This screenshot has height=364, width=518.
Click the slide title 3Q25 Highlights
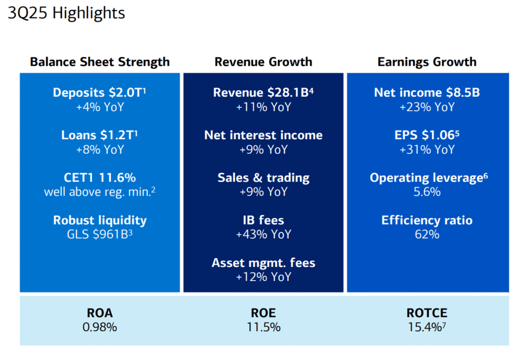[66, 14]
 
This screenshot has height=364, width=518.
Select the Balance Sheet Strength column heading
[100, 62]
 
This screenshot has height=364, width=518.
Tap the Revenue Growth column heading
[263, 62]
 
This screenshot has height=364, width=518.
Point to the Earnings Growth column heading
[427, 62]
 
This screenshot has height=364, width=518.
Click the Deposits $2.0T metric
[100, 93]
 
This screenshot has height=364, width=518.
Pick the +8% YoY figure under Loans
[100, 150]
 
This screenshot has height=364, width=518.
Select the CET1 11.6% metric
[100, 178]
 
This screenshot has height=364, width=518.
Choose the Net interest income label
[263, 135]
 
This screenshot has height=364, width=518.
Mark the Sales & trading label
[263, 178]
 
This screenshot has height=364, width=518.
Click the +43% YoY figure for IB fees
[263, 235]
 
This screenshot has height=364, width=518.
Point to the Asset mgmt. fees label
[263, 263]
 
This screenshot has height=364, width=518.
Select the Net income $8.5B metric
[427, 93]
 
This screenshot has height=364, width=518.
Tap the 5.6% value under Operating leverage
[427, 192]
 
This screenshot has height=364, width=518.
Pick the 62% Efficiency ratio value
[427, 235]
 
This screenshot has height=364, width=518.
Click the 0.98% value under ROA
[100, 327]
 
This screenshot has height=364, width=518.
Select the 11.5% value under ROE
[263, 327]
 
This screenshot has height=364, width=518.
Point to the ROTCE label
[427, 313]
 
